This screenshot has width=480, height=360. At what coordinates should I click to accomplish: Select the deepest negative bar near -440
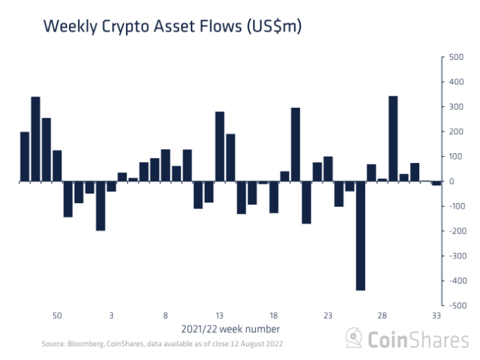pos(360,236)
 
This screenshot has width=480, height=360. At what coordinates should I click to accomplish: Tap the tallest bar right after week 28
pos(393,138)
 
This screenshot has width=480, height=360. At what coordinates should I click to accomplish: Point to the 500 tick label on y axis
pos(456,57)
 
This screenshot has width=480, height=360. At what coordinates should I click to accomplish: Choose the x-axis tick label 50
pos(57,315)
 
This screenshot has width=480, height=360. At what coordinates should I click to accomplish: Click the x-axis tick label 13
pos(219,315)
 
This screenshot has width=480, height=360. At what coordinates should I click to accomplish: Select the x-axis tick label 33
pos(436,315)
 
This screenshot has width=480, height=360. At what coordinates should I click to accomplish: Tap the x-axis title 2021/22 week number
pos(231,328)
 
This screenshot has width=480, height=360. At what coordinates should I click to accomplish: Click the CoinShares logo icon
pos(354,338)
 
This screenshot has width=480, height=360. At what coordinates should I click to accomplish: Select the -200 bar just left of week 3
pos(100,206)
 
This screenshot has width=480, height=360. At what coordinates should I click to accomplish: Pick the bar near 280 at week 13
pos(220,146)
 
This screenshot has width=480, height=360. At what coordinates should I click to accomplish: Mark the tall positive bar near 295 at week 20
pos(295,144)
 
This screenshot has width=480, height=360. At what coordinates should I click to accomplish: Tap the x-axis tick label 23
pos(328,315)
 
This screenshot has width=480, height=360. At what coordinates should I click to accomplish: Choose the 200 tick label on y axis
pos(456,132)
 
